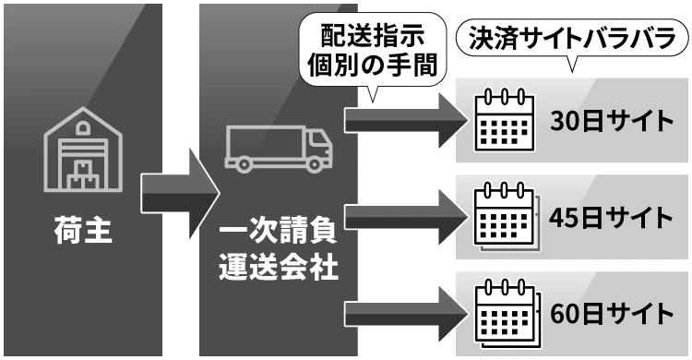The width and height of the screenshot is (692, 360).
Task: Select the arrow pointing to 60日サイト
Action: (x=405, y=311)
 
